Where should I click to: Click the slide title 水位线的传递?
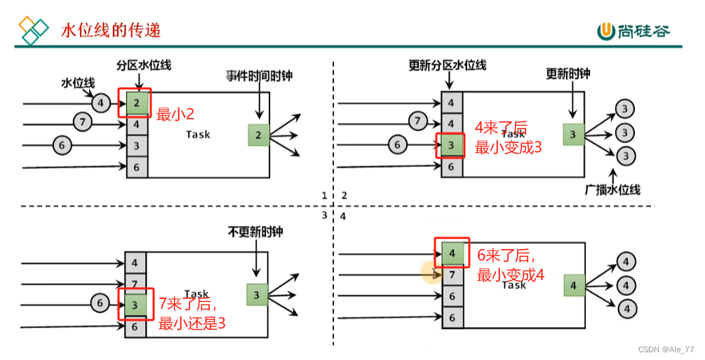[x=110, y=30]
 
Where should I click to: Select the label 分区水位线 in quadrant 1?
[x=144, y=65]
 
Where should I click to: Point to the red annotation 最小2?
[x=175, y=114]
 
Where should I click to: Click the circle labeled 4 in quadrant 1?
[x=101, y=104]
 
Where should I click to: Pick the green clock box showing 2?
[x=259, y=135]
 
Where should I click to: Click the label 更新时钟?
[x=568, y=74]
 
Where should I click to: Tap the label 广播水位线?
[x=612, y=189]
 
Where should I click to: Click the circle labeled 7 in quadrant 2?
[x=418, y=122]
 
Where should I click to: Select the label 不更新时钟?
[x=255, y=232]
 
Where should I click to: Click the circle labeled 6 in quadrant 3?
[x=101, y=304]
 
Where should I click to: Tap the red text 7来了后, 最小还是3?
[x=192, y=314]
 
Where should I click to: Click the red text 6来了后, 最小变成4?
[x=511, y=265]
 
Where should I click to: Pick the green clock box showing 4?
[x=573, y=286]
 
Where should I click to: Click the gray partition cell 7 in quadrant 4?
[x=452, y=274]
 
